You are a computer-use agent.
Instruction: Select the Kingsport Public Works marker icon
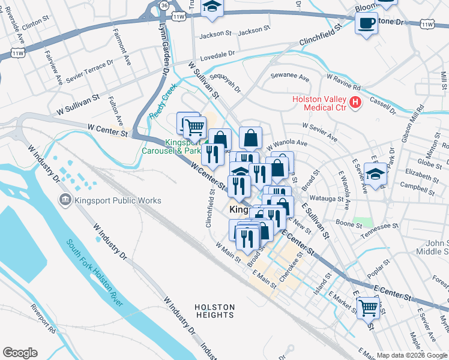64,199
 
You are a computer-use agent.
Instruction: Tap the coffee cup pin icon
366,24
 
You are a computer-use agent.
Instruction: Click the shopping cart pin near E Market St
368,307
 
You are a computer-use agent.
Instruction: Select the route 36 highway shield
164,4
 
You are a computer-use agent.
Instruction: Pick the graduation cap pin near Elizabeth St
375,175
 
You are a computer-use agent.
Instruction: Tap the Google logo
20,353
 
